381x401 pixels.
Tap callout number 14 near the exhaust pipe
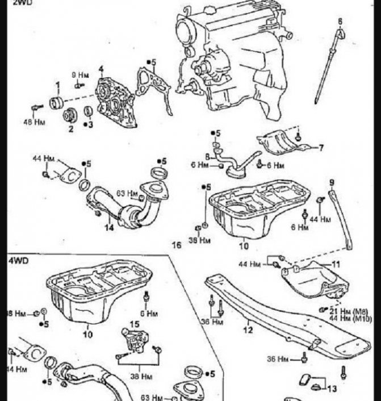pos(110,227)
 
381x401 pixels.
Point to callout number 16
pos(177,245)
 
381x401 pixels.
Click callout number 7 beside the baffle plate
pos(321,148)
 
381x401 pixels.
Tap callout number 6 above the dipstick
pos(340,22)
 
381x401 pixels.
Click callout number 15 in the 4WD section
pos(134,324)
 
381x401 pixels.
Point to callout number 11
pos(336,264)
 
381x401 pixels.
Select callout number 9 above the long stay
pos(332,182)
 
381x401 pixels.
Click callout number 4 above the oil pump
pos(101,69)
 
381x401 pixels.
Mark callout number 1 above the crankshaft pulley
pos(57,86)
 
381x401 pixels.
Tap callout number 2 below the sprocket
pos(72,129)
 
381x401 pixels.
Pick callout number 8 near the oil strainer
pos(207,156)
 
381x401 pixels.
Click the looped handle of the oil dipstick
pos(340,34)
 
